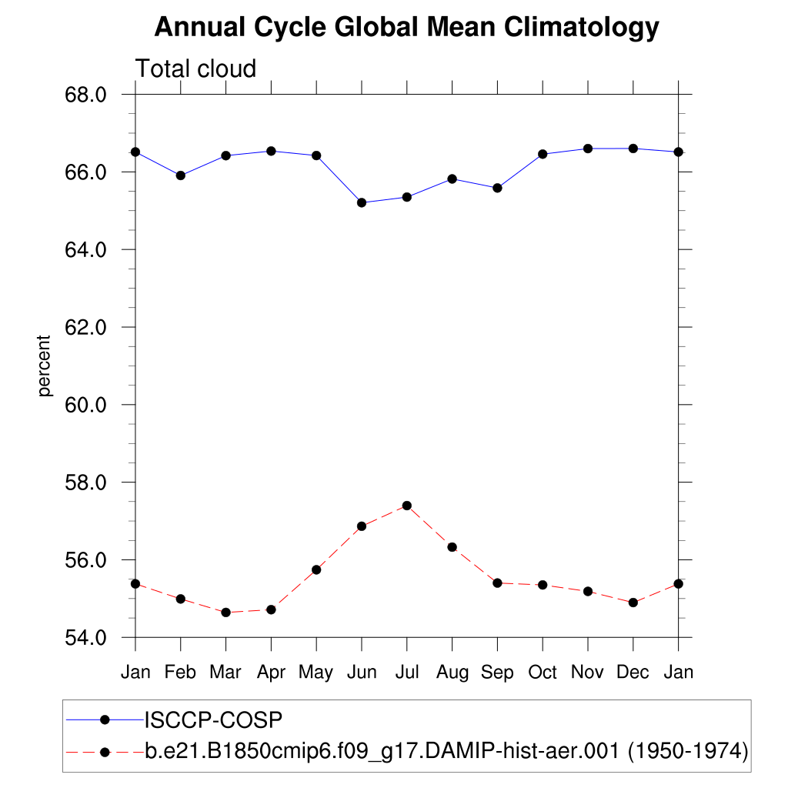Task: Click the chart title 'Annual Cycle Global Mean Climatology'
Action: (x=406, y=28)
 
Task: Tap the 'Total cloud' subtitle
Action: (x=195, y=69)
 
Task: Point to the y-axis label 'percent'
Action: (x=45, y=366)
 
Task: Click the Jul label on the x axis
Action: (x=406, y=673)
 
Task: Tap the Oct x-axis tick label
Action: (x=543, y=673)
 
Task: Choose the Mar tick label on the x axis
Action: (x=225, y=673)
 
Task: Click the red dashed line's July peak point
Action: (x=407, y=506)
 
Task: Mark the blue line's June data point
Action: (x=362, y=202)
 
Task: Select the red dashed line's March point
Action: (x=225, y=613)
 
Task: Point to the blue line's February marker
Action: (x=181, y=175)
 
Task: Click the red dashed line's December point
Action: (x=633, y=603)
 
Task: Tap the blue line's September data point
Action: (x=497, y=188)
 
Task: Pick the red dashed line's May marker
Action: (x=316, y=569)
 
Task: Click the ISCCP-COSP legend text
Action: (x=214, y=720)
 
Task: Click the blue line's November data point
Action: (x=588, y=149)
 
